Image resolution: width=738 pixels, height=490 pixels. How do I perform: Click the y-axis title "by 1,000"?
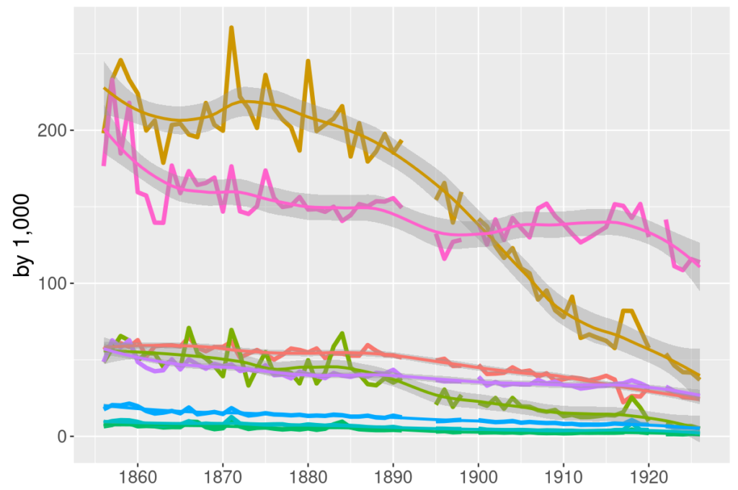click(23, 235)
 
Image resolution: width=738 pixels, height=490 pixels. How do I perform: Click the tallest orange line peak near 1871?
click(231, 28)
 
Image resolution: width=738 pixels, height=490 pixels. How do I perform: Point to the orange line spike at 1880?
click(308, 61)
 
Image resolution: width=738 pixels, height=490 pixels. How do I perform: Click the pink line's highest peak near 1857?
click(112, 79)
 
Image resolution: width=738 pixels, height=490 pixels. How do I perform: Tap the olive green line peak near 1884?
click(342, 334)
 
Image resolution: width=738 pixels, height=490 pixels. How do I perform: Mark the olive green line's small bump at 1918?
click(632, 397)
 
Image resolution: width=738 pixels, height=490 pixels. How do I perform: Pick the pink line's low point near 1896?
click(445, 258)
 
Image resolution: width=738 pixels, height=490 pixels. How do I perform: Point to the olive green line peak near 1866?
click(189, 329)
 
